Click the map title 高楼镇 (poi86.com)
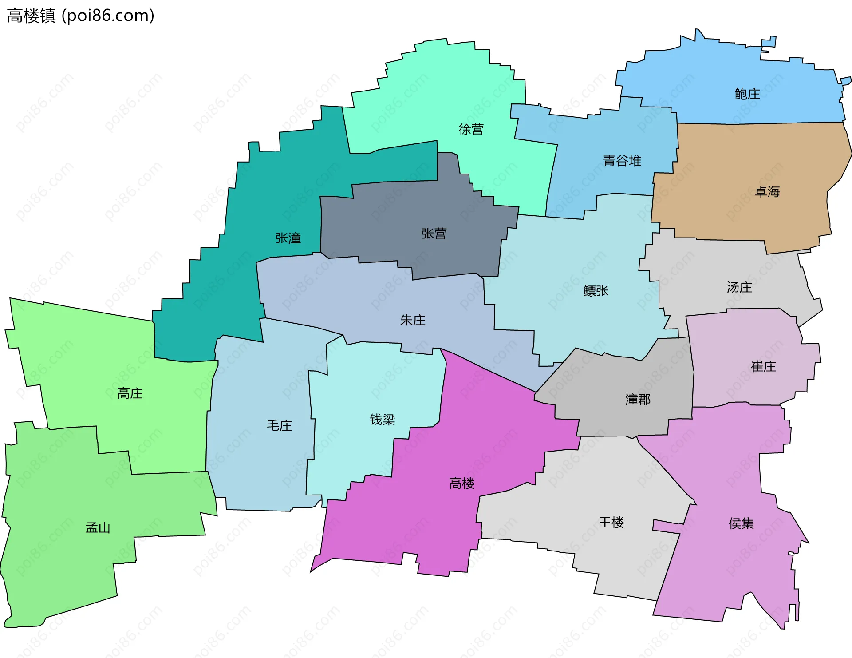[x=81, y=16]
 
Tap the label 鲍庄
[x=747, y=94]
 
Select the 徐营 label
[x=471, y=129]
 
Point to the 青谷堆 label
[x=622, y=161]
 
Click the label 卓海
[x=767, y=192]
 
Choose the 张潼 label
[x=288, y=238]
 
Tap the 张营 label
[x=434, y=234]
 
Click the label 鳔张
[x=596, y=291]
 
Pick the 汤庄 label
[x=739, y=287]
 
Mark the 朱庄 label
[x=413, y=320]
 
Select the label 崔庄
[x=763, y=366]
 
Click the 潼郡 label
[x=638, y=400]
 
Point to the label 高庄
[x=130, y=393]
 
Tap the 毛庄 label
[x=279, y=425]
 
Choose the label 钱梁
[x=382, y=420]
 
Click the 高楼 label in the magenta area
[x=462, y=483]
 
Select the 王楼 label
[x=611, y=523]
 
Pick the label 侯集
[x=741, y=523]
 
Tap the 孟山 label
[x=98, y=527]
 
